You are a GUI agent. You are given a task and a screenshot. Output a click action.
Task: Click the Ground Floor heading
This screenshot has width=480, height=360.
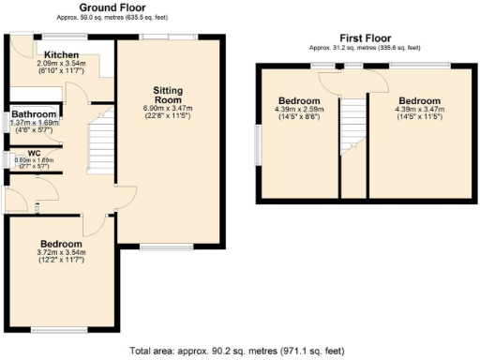(119, 7)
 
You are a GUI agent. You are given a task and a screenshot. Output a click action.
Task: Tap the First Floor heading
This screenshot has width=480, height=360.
(366, 38)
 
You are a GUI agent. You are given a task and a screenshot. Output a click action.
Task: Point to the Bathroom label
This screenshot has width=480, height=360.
(34, 113)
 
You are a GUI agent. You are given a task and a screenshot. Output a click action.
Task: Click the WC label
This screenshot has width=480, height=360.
(34, 152)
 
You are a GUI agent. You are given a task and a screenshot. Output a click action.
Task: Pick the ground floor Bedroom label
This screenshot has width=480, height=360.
(62, 244)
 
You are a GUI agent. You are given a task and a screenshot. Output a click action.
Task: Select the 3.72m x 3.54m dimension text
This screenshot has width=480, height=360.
(62, 252)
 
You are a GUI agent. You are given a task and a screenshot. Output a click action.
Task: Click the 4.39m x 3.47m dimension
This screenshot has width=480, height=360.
(418, 110)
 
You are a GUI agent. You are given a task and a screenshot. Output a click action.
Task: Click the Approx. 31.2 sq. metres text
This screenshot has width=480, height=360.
(366, 47)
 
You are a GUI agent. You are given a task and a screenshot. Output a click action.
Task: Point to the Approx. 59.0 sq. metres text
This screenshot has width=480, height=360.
(119, 16)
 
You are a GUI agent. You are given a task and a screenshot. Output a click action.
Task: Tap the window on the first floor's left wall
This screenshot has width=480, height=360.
(259, 145)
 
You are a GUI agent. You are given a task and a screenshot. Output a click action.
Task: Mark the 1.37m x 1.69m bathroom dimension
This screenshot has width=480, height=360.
(34, 122)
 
